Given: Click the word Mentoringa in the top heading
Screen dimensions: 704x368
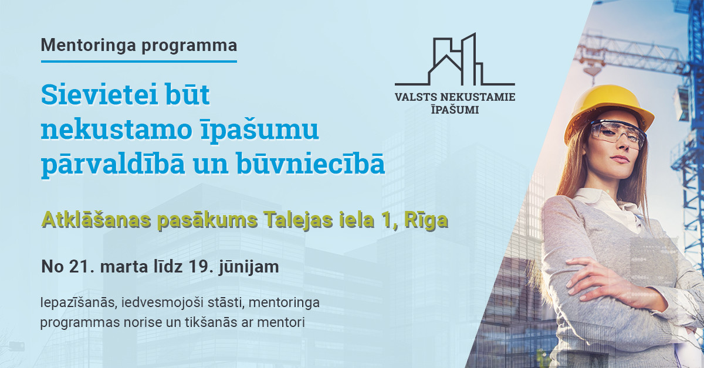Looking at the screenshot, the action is click(89, 45).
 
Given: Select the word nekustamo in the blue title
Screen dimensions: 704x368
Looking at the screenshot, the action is click(116, 130).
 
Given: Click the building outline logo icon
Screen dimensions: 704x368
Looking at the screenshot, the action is click(455, 60).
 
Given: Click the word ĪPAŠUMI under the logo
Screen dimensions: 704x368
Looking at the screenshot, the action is click(455, 109).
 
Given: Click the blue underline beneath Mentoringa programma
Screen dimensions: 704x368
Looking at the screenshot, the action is click(139, 62).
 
